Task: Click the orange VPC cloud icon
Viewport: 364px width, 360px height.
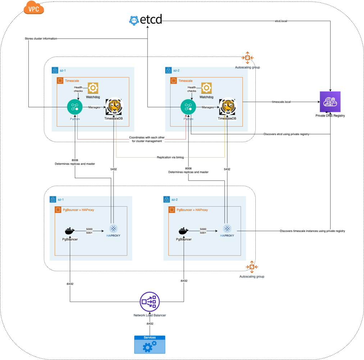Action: (33, 8)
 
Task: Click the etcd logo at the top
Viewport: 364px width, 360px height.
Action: (146, 20)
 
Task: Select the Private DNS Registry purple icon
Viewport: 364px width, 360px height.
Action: (330, 102)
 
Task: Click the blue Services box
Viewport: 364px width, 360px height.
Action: (150, 345)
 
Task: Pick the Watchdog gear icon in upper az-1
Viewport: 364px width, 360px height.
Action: (93, 88)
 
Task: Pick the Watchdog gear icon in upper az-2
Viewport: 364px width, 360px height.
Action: (206, 88)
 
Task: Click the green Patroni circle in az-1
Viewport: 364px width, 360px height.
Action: (74, 107)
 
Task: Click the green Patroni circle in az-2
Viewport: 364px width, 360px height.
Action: (188, 107)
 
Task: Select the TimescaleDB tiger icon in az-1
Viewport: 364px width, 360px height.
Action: (114, 107)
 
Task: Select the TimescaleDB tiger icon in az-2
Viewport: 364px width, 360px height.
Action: (227, 107)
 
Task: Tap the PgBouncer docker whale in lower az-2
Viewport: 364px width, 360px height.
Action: (183, 230)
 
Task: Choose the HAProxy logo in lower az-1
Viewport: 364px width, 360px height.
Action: (113, 230)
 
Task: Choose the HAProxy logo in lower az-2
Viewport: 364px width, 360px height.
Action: (227, 230)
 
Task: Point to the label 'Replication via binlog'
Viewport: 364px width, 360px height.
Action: (170, 157)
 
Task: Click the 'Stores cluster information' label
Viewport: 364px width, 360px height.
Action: (41, 38)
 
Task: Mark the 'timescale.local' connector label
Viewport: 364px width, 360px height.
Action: (281, 102)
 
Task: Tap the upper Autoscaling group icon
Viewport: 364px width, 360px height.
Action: (247, 58)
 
